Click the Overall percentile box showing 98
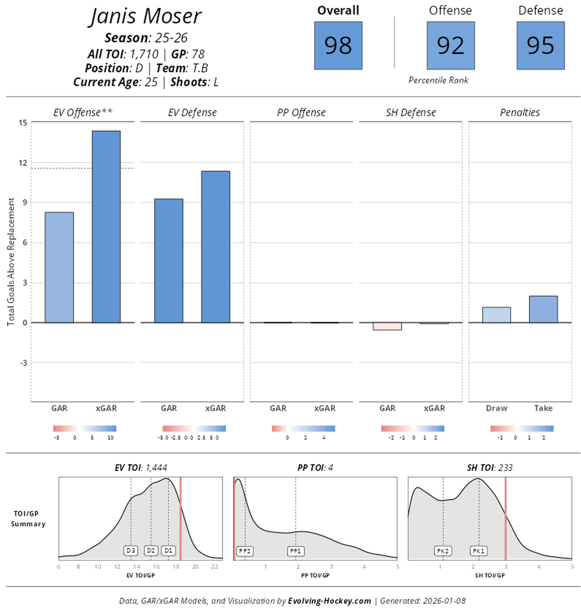[x=338, y=45]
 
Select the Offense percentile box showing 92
[x=451, y=45]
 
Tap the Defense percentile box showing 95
[x=540, y=45]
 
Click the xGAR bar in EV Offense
[x=106, y=226]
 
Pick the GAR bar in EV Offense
[x=59, y=267]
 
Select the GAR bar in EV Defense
[x=168, y=261]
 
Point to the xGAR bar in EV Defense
[x=215, y=247]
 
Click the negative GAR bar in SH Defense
[x=387, y=327]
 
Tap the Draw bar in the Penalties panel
[x=496, y=315]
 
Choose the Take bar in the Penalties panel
[x=543, y=309]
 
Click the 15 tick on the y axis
[x=23, y=122]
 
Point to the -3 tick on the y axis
[x=24, y=363]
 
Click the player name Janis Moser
[x=146, y=16]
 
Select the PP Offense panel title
[x=301, y=112]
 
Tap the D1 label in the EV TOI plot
[x=168, y=551]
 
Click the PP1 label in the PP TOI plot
[x=295, y=551]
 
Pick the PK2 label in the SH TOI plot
[x=443, y=551]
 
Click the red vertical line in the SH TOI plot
[x=505, y=519]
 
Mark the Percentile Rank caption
[x=438, y=80]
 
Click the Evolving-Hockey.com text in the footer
[x=329, y=601]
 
